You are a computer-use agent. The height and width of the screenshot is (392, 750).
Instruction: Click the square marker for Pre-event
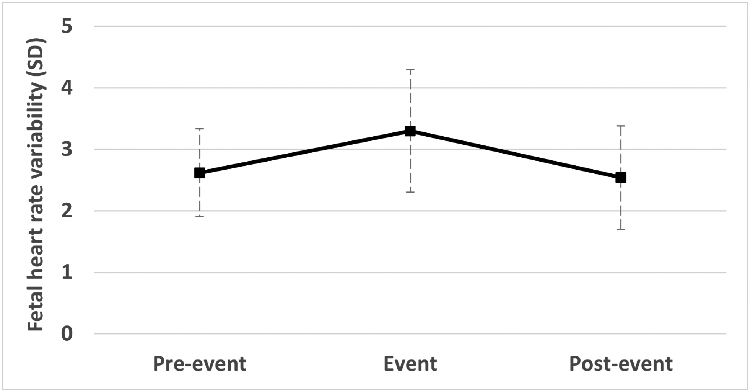point(199,173)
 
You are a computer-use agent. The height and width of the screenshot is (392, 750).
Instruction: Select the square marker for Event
point(410,131)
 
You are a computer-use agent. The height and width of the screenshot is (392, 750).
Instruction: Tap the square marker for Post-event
point(620,178)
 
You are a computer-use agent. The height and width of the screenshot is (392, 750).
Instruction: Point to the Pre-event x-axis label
point(199,364)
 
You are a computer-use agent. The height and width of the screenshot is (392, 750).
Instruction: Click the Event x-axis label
point(410,364)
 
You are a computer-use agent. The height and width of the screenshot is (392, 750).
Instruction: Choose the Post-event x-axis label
point(620,364)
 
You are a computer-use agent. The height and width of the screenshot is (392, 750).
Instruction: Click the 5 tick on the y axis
point(67,26)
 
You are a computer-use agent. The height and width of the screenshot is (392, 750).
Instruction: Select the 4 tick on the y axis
point(67,88)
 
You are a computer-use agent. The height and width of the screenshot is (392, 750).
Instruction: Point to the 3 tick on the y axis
point(67,149)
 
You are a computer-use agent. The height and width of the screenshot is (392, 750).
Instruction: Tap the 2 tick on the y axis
point(67,211)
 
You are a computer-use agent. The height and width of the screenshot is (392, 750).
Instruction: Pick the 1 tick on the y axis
point(67,273)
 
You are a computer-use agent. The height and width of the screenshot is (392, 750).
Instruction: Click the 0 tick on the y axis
point(67,334)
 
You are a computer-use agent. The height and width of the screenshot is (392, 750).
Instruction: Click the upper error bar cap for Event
point(410,69)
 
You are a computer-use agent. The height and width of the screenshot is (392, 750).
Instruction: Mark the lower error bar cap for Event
point(410,192)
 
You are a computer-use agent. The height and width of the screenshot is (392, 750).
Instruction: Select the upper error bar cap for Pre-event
point(199,129)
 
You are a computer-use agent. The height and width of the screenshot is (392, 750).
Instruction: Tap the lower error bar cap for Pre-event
point(199,216)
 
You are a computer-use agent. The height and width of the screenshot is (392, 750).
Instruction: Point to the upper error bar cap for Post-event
point(620,126)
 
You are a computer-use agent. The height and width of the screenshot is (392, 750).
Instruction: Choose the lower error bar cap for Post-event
point(620,229)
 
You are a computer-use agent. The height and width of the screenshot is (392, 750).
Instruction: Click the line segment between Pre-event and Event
point(304,152)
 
